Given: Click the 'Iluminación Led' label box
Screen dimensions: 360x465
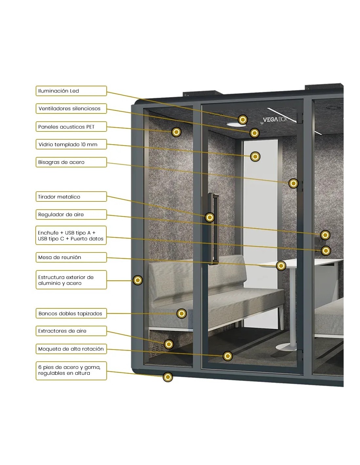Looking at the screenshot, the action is (71, 91).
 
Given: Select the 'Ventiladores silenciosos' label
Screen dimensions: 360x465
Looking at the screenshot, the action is (71, 109).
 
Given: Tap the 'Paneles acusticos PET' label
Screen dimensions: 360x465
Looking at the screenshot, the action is (71, 127).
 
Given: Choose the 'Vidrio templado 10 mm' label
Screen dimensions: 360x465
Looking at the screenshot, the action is (71, 145).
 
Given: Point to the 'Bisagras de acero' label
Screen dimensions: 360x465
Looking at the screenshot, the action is (71, 162).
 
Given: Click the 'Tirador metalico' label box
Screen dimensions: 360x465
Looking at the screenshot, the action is (71, 197).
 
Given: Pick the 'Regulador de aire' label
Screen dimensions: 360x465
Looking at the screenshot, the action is (71, 215).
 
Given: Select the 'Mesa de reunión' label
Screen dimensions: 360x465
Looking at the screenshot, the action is (71, 257).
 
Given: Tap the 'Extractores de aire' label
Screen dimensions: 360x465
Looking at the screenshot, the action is (71, 331).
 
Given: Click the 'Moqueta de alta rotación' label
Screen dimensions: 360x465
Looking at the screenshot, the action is (71, 349).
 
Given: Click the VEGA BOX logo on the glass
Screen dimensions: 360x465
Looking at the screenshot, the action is (275, 119).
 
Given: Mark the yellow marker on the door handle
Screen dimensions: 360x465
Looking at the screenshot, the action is (210, 217).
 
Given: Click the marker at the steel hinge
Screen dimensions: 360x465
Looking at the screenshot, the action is (293, 183).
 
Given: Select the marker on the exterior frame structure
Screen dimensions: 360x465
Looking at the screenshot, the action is (138, 280).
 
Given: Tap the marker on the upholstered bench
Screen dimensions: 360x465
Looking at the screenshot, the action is (182, 314).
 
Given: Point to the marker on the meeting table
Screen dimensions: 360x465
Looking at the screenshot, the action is (281, 266).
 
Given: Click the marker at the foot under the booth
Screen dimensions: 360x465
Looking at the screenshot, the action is (168, 377).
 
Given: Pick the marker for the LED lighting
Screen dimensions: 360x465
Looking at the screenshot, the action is (243, 120).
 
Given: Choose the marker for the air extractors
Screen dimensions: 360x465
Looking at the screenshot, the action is (169, 344).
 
